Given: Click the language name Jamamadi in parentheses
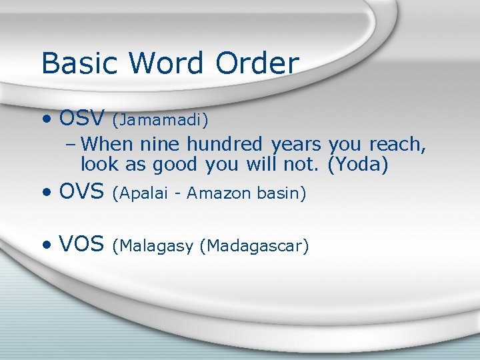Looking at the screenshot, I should point(160,121).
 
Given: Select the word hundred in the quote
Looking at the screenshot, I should point(226,144).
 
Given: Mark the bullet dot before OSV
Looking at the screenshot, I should point(46,120).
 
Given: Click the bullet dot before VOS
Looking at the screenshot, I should point(46,246).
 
